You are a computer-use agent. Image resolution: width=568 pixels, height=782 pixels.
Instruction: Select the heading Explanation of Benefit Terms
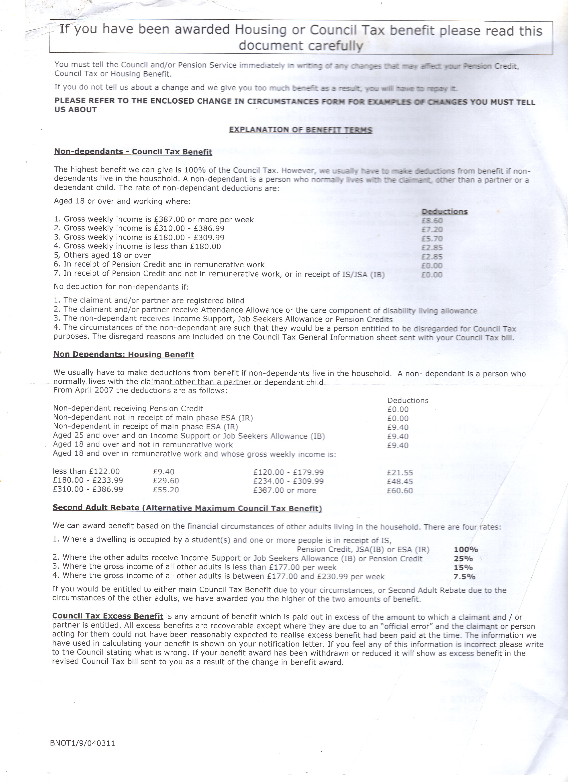(300, 130)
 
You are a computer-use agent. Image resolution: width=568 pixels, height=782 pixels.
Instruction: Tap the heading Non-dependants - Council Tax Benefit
(133, 152)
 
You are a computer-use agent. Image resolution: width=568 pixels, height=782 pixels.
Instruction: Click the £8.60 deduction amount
(432, 221)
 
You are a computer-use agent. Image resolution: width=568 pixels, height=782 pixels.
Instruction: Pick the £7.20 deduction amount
(432, 230)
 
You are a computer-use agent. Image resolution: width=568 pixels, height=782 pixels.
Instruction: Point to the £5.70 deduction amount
(432, 239)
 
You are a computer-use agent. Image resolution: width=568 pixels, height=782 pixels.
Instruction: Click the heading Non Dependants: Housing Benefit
(124, 355)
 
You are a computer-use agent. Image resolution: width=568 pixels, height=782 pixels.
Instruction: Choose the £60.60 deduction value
(400, 491)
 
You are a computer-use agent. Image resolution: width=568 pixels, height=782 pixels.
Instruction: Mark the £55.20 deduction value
(166, 490)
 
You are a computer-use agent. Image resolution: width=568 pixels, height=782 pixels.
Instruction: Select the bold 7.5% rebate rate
(464, 577)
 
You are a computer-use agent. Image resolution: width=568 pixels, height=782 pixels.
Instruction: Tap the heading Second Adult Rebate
(187, 508)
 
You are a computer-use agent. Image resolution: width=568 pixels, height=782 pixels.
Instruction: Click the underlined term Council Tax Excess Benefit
(108, 616)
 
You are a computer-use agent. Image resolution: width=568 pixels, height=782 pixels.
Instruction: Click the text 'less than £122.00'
(86, 472)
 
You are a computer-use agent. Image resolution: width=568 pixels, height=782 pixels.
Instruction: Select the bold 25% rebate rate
(464, 559)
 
